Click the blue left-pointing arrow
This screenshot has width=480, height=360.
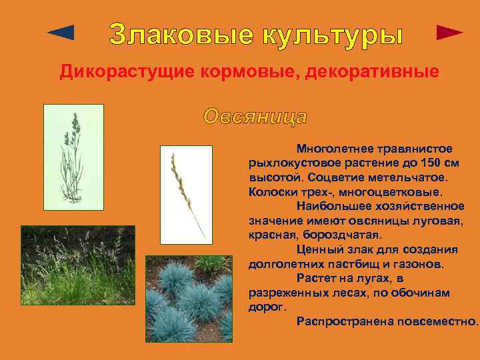[x=62, y=32]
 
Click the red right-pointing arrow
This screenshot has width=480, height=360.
[x=449, y=33]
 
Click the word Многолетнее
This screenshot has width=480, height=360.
[x=337, y=149]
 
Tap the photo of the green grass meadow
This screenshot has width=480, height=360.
[x=77, y=266]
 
